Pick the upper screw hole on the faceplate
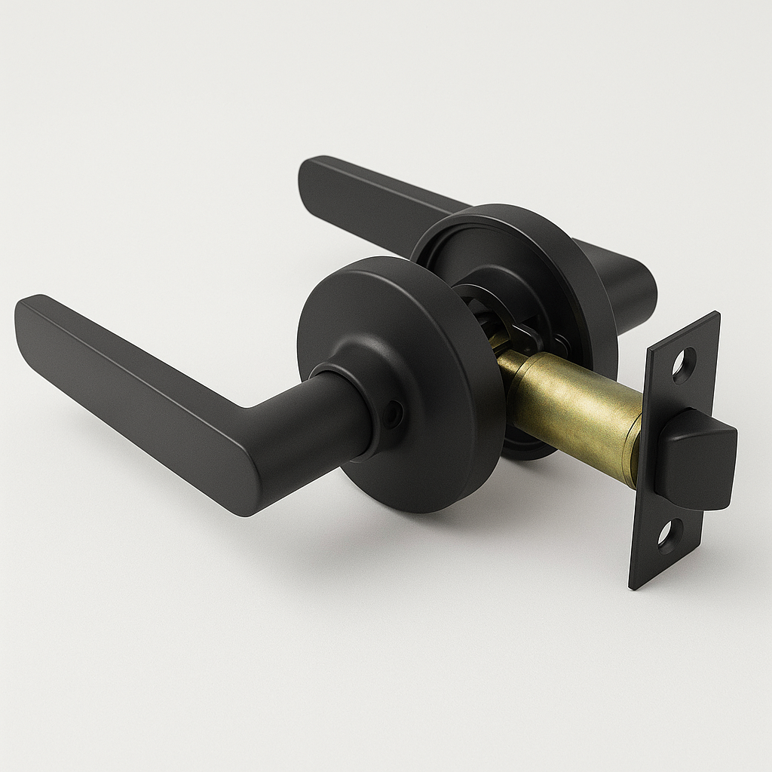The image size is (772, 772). point(684,364)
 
